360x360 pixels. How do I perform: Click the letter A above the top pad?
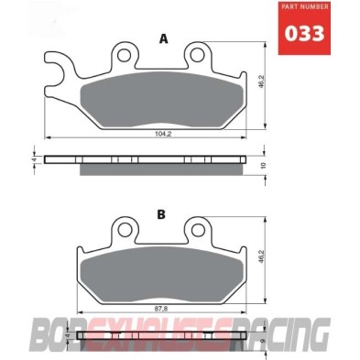click(164, 38)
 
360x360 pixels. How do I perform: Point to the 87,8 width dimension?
click(160, 307)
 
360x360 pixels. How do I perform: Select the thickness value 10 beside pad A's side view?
click(262, 165)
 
